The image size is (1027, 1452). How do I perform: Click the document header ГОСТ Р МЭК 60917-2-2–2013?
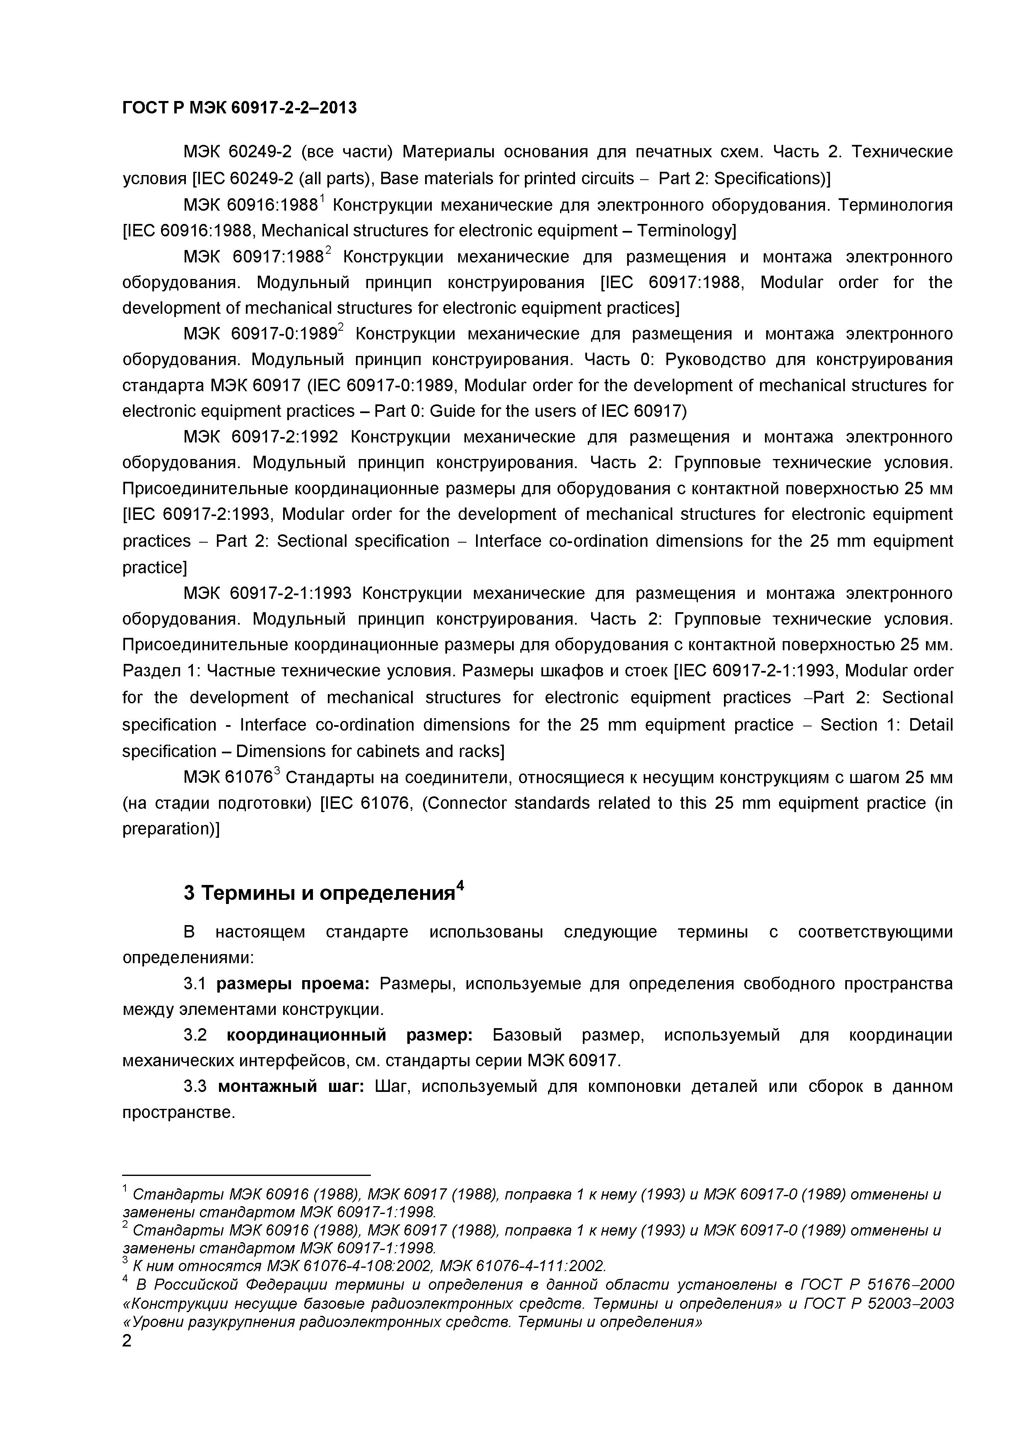click(x=239, y=108)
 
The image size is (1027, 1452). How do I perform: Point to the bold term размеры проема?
click(x=293, y=983)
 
